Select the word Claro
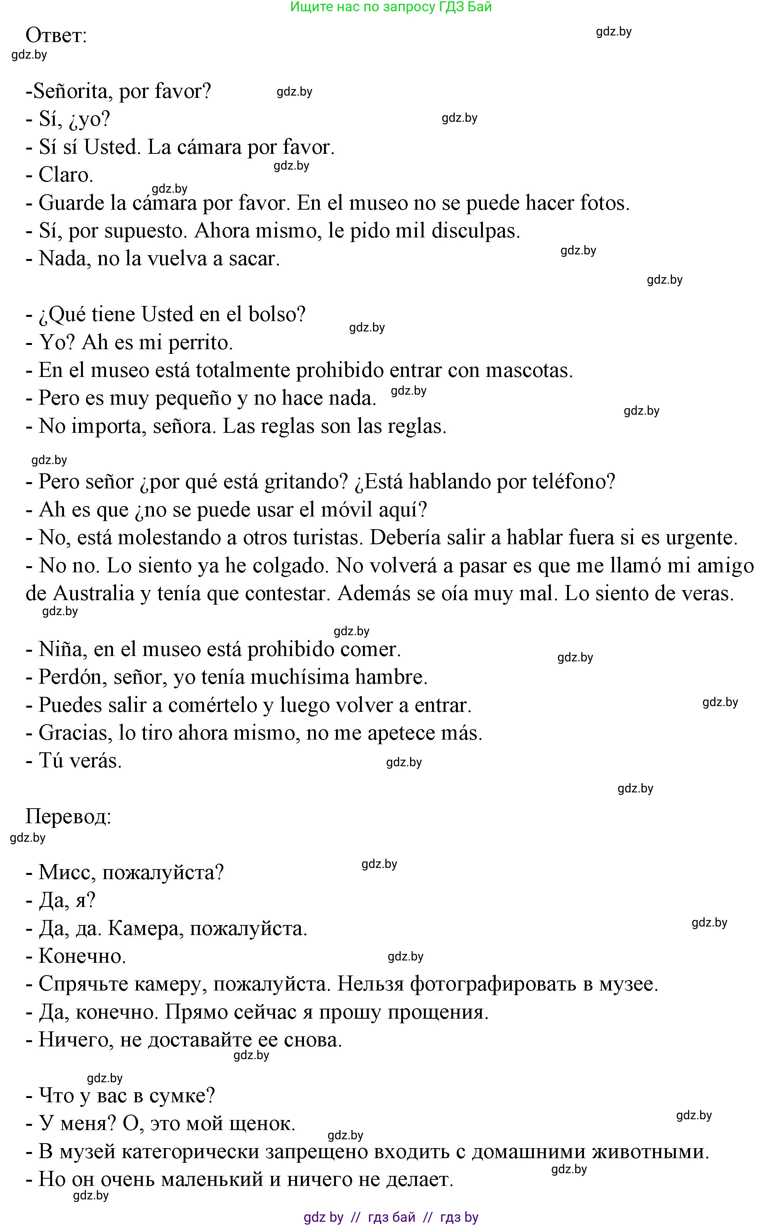(x=65, y=175)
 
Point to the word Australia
(x=93, y=594)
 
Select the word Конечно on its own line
(x=81, y=956)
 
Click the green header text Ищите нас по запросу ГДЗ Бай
(x=391, y=7)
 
